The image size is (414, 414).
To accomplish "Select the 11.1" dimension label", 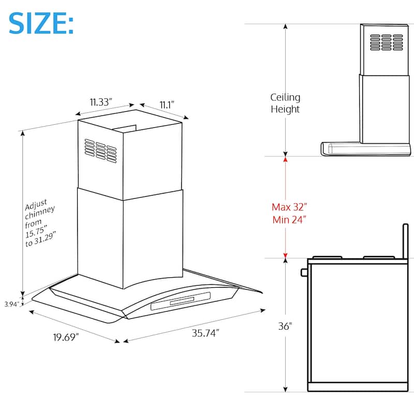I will point(167,105).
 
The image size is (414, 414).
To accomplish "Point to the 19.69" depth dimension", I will point(65,337).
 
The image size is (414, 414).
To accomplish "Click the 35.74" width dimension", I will point(206,333).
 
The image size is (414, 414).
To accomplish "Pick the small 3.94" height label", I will point(11,304).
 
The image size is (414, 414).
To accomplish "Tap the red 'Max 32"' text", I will point(289,207).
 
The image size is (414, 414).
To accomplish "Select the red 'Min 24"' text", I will point(289,219).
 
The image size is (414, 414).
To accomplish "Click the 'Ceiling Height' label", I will point(285,103).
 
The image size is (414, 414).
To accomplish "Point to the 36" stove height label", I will point(285,326).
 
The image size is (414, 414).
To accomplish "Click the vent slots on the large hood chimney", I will point(100,150).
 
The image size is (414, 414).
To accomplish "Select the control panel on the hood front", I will point(181,302).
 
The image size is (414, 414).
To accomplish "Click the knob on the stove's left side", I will point(304,272).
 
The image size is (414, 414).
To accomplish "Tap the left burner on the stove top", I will point(327,257).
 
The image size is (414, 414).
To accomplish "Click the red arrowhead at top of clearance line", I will point(285,160).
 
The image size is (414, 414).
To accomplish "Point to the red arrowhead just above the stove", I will point(285,254).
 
